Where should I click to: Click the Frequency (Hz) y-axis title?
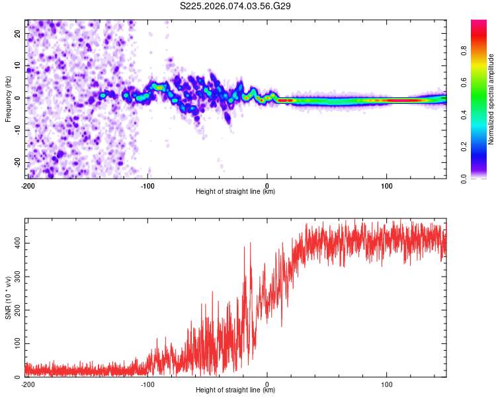click(9, 99)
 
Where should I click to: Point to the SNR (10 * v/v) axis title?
click(9, 298)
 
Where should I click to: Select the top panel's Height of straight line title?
click(235, 191)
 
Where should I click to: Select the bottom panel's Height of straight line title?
click(235, 390)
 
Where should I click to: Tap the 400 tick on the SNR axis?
click(17, 243)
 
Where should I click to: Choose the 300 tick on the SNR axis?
click(17, 277)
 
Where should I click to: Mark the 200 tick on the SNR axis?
click(17, 310)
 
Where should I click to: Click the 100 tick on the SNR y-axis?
click(17, 344)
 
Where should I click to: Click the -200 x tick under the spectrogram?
click(28, 185)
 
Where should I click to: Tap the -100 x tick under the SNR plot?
click(147, 384)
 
